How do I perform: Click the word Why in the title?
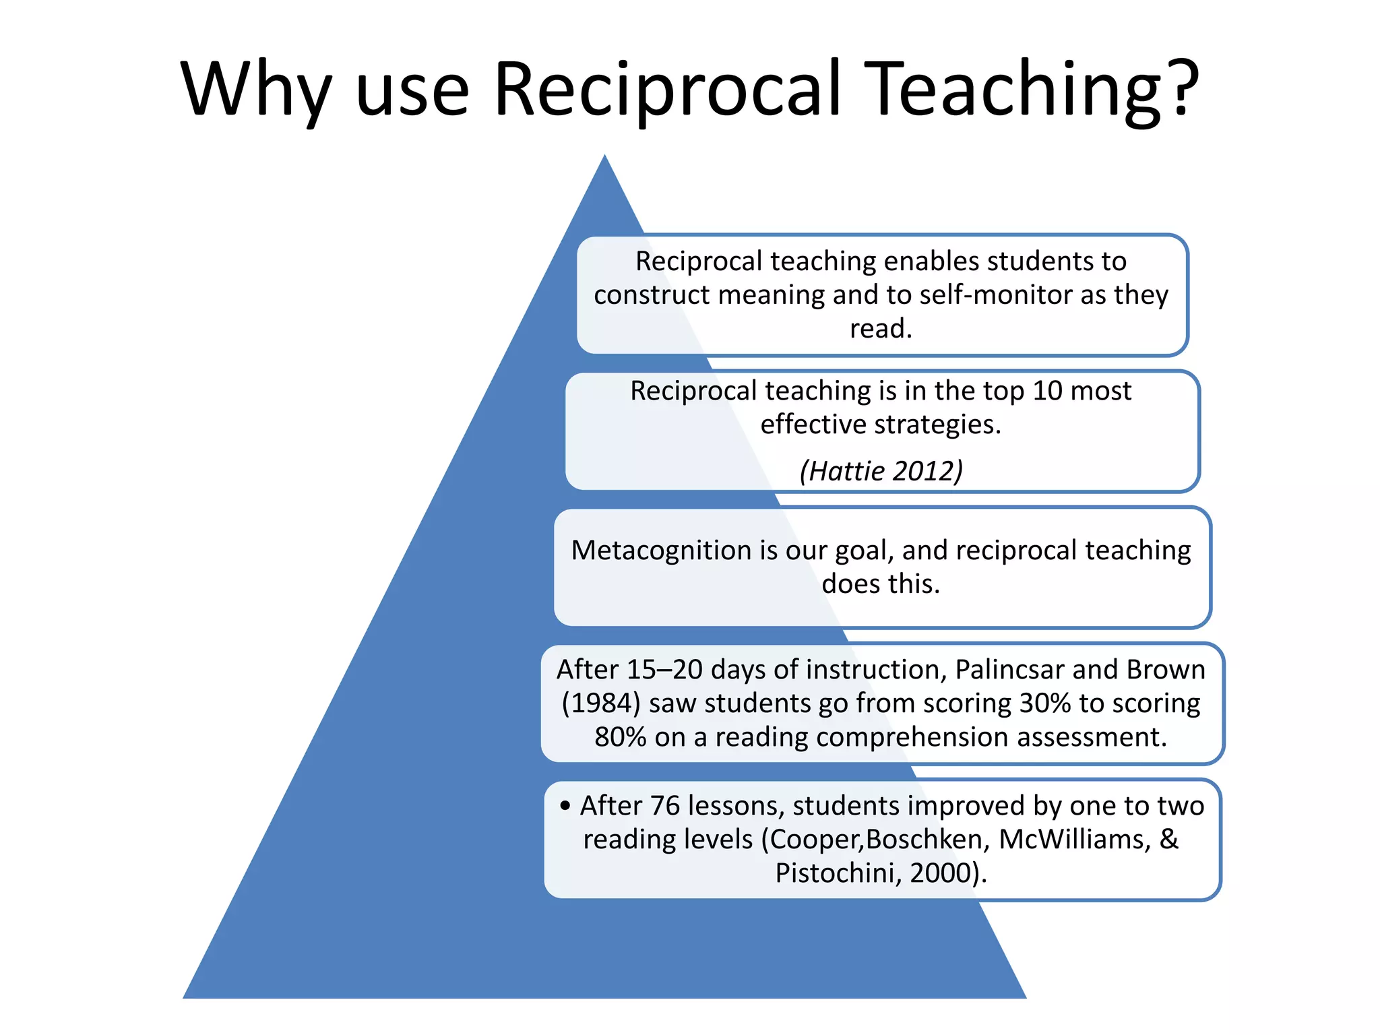(256, 90)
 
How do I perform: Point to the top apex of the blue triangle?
(604, 158)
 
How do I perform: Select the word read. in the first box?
(881, 329)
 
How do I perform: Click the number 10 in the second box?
(1047, 391)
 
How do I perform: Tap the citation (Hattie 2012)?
(881, 471)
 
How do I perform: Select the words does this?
(881, 584)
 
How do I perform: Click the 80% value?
(620, 737)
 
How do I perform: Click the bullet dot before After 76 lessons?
(565, 805)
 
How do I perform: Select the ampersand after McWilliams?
(1169, 840)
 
